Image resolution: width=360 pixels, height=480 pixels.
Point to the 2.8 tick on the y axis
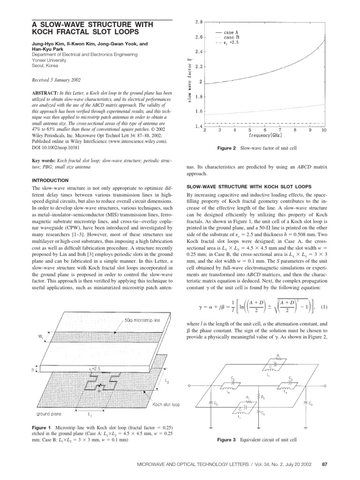pos(198,22)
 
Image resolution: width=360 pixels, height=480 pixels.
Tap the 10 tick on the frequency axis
pos(324,131)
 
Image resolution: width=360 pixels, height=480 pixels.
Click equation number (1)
pos(323,307)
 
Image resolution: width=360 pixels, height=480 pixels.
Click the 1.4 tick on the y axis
pos(198,127)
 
